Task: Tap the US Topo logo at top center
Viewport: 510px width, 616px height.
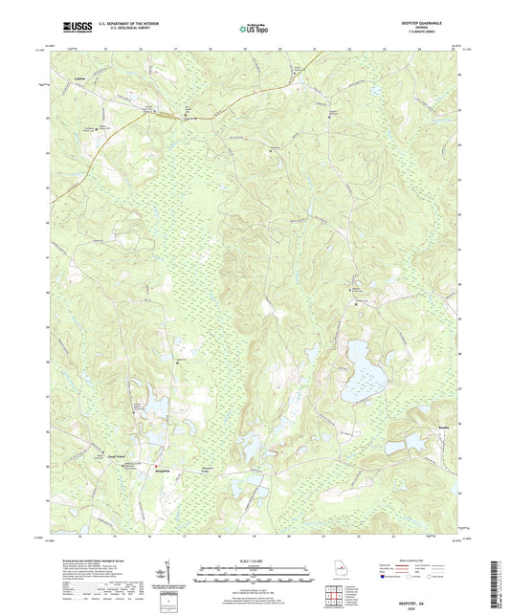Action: pos(254,28)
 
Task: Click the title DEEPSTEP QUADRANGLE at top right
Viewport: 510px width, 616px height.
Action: pos(436,22)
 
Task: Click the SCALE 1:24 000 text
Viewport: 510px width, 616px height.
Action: pos(255,560)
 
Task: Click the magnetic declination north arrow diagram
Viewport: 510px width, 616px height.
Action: pos(168,572)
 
